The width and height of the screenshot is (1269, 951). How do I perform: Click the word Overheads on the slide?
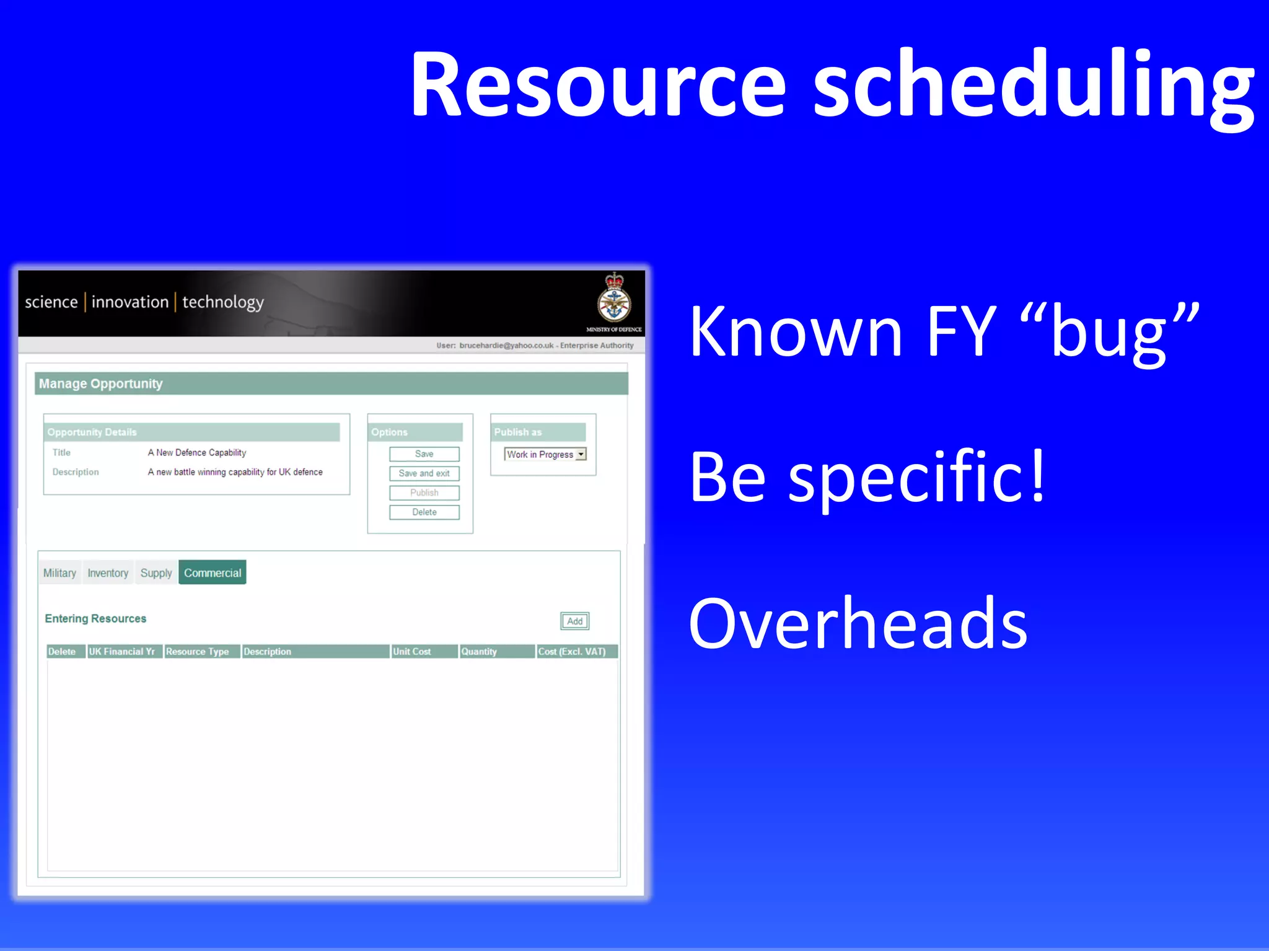[858, 623]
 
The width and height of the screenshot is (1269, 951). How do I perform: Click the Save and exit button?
[424, 473]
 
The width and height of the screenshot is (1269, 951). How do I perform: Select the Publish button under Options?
[424, 493]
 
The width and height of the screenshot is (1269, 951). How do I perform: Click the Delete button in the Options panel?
[424, 512]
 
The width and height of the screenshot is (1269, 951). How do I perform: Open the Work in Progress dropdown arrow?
[581, 454]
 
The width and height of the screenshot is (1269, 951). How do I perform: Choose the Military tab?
[59, 573]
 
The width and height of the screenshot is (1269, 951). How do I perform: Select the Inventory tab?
[108, 573]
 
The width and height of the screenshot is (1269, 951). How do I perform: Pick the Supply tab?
[156, 573]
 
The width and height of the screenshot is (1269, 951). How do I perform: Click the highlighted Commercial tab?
[212, 573]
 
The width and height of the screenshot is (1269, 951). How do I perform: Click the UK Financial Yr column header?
[122, 651]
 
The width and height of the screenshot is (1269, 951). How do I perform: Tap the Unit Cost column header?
[412, 651]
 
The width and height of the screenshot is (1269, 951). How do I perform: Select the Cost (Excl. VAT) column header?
[571, 651]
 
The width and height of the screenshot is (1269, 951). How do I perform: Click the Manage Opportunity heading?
[101, 383]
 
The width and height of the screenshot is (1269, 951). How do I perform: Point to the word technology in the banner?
[223, 302]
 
